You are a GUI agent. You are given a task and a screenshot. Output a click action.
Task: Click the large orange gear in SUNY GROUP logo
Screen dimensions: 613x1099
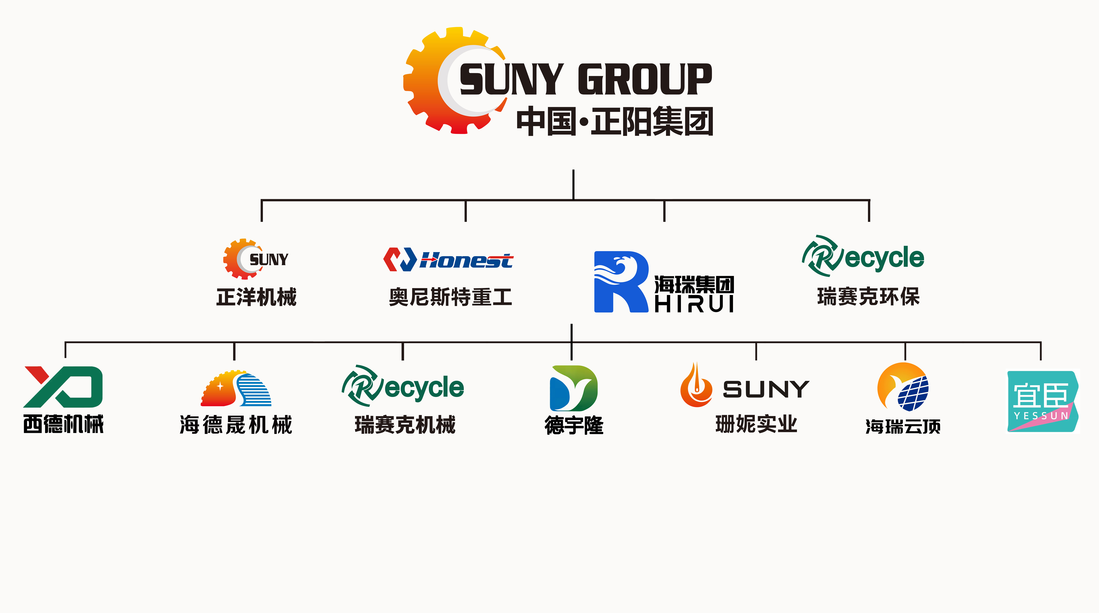pos(427,81)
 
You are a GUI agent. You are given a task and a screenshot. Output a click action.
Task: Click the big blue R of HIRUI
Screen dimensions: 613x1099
pos(621,282)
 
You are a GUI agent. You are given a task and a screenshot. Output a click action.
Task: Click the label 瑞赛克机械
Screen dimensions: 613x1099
pos(405,425)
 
